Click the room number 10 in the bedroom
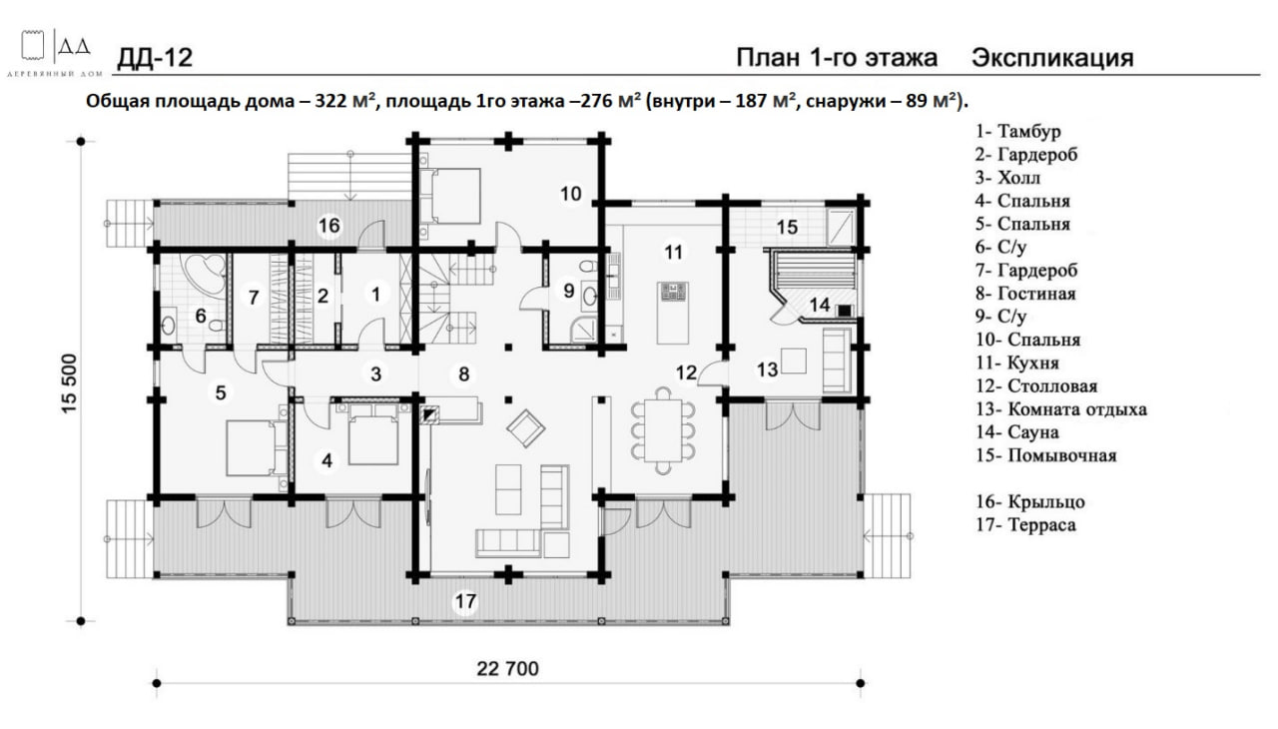pyautogui.click(x=570, y=194)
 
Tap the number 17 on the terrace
pyautogui.click(x=465, y=601)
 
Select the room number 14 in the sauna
pyautogui.click(x=820, y=306)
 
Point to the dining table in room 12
pyautogui.click(x=663, y=430)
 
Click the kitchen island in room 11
pyautogui.click(x=672, y=312)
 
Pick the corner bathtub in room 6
pyautogui.click(x=204, y=274)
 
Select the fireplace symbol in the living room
pyautogui.click(x=429, y=414)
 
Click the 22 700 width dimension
pyautogui.click(x=507, y=668)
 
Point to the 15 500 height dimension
pyautogui.click(x=69, y=383)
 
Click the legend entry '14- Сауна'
pyautogui.click(x=1017, y=432)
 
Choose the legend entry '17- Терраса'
pyautogui.click(x=1025, y=525)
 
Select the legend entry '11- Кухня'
pyautogui.click(x=1017, y=363)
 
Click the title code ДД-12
pyautogui.click(x=155, y=58)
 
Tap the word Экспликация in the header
pyautogui.click(x=1052, y=58)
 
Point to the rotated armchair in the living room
pyautogui.click(x=525, y=428)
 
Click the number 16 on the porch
pyautogui.click(x=329, y=226)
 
